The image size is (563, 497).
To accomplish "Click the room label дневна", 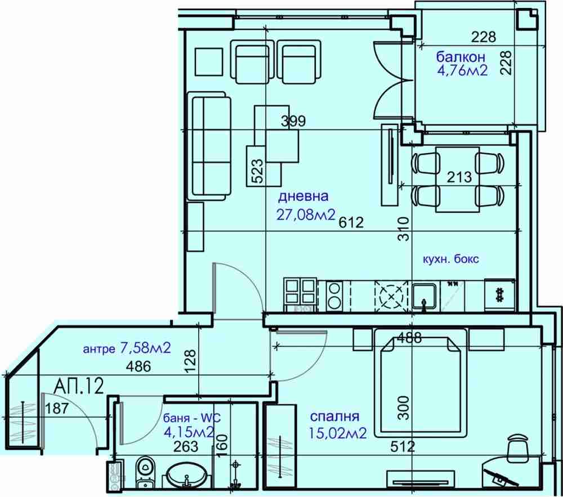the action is [303, 196].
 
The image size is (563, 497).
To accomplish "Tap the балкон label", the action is [461, 57].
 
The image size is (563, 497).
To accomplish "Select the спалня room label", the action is [334, 417].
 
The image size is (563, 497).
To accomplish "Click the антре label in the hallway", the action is [99, 349].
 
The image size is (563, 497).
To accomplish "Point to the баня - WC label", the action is [192, 418].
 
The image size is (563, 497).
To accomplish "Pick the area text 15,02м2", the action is [337, 433].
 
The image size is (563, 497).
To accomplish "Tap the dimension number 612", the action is [351, 222].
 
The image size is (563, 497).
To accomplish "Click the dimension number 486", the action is [138, 366].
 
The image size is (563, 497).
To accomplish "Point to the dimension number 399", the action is [293, 121].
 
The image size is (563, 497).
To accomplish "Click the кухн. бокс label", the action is [451, 259].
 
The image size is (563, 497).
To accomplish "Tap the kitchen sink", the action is [425, 296].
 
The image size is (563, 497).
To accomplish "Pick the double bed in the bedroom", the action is [421, 382].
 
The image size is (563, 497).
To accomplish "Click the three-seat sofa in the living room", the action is [209, 145].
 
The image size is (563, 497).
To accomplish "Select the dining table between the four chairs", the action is [458, 179].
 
